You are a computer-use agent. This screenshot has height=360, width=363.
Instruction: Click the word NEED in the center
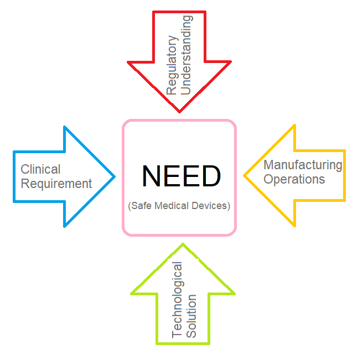point(181,176)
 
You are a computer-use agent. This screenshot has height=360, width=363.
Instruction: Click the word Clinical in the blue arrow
point(40,169)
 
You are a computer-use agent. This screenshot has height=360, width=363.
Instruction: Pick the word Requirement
point(56,184)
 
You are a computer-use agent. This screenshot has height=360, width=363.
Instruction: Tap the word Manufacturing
point(303,165)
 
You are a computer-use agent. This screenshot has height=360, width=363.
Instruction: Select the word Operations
point(294,179)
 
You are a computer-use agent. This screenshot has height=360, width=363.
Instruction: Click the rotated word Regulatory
point(172,66)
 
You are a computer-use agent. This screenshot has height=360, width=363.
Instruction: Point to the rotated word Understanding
point(187,55)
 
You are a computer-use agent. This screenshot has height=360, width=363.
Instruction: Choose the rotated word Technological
point(177,299)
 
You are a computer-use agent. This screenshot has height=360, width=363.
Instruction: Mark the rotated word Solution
point(191,316)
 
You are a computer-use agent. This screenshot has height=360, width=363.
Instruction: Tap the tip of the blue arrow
point(115,177)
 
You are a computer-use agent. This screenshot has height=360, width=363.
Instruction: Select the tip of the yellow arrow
point(244,176)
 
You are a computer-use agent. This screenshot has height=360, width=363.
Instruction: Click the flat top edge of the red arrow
point(179,12)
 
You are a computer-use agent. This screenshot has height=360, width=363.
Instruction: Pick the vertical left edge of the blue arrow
point(14,176)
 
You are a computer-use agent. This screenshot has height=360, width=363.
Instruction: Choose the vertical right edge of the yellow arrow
point(345,175)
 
